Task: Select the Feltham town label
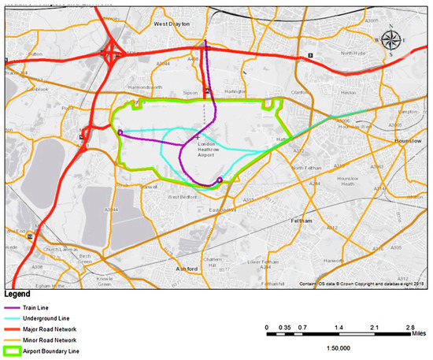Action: [302, 221]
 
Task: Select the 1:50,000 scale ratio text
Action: [339, 347]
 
